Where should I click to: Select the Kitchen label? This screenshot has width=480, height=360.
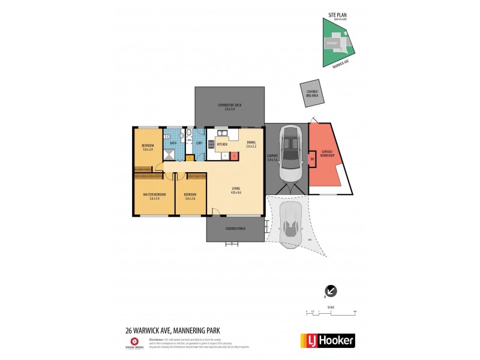click(x=221, y=145)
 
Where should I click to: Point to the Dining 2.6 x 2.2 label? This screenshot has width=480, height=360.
click(x=251, y=145)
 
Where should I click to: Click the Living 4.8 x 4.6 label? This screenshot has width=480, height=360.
click(x=236, y=191)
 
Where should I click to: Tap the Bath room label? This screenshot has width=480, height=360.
click(x=173, y=143)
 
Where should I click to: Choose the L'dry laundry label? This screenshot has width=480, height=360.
click(x=199, y=143)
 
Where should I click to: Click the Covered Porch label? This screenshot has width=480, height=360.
click(x=234, y=229)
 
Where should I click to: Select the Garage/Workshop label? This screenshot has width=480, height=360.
click(x=328, y=154)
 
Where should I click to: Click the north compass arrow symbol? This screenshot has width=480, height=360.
click(x=331, y=291)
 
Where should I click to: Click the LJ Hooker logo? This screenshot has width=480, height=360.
click(x=327, y=340)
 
